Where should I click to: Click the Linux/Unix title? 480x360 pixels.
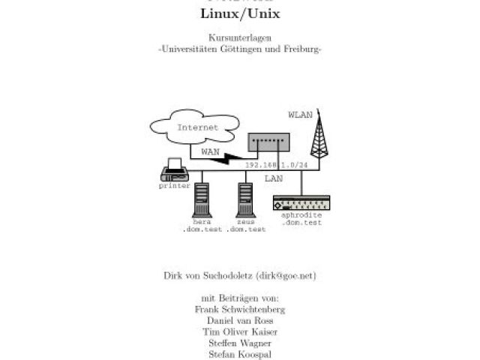tap(239, 14)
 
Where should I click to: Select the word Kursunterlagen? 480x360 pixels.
tap(239, 38)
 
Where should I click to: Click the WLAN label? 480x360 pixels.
tap(300, 115)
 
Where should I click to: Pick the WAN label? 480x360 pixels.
tap(210, 151)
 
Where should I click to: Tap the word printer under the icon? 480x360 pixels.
tap(174, 185)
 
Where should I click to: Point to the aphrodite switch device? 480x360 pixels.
tap(301, 203)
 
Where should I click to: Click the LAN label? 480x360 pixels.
tap(273, 179)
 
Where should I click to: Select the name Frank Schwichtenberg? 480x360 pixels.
tap(239, 309)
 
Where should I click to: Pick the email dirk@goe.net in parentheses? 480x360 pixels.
tap(286, 275)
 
